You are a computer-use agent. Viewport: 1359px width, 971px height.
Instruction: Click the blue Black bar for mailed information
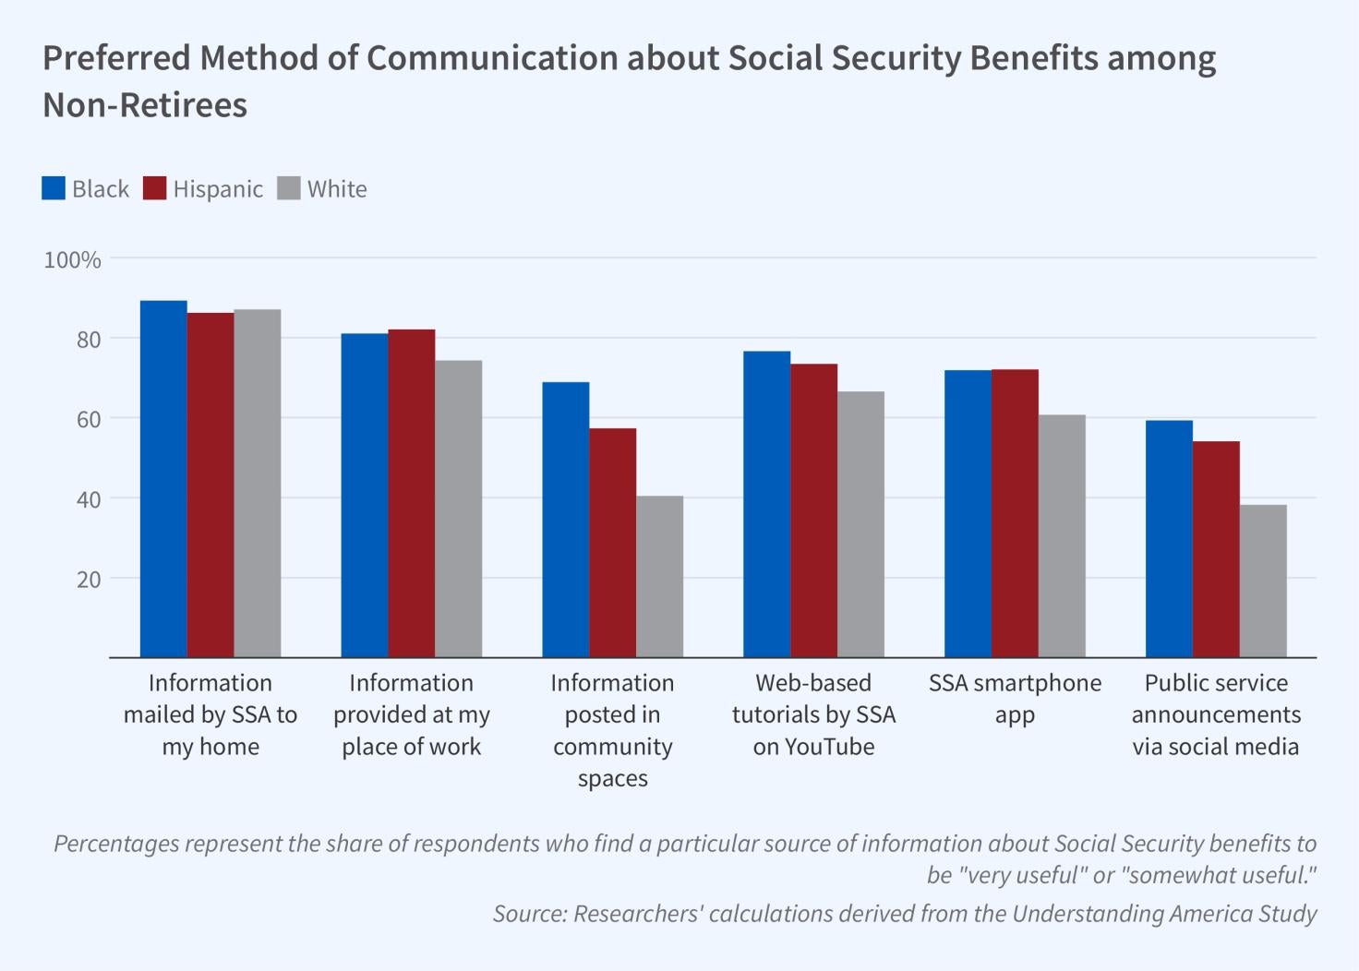point(163,479)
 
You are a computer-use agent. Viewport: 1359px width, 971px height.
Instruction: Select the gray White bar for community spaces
point(659,577)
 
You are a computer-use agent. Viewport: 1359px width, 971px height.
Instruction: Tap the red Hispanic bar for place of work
point(411,494)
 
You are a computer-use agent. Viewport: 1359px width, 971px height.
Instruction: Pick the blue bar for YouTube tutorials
point(766,505)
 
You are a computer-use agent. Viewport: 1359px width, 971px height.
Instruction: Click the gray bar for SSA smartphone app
point(1062,536)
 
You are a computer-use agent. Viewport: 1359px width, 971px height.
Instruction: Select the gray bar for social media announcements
point(1263,581)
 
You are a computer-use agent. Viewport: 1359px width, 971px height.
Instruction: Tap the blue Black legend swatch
point(54,188)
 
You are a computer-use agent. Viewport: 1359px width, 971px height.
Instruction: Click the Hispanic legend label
point(218,189)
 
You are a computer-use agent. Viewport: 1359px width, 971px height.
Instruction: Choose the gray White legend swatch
point(289,188)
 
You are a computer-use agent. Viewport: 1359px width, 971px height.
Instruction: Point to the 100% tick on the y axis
point(72,260)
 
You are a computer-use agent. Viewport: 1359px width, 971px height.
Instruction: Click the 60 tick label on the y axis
point(89,419)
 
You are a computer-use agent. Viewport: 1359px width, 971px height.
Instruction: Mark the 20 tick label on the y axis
point(89,580)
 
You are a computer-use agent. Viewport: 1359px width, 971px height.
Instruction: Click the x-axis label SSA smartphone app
point(1015,698)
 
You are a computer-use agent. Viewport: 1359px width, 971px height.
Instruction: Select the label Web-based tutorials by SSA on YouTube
point(813,714)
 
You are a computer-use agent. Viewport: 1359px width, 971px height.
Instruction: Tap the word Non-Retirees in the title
point(145,105)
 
